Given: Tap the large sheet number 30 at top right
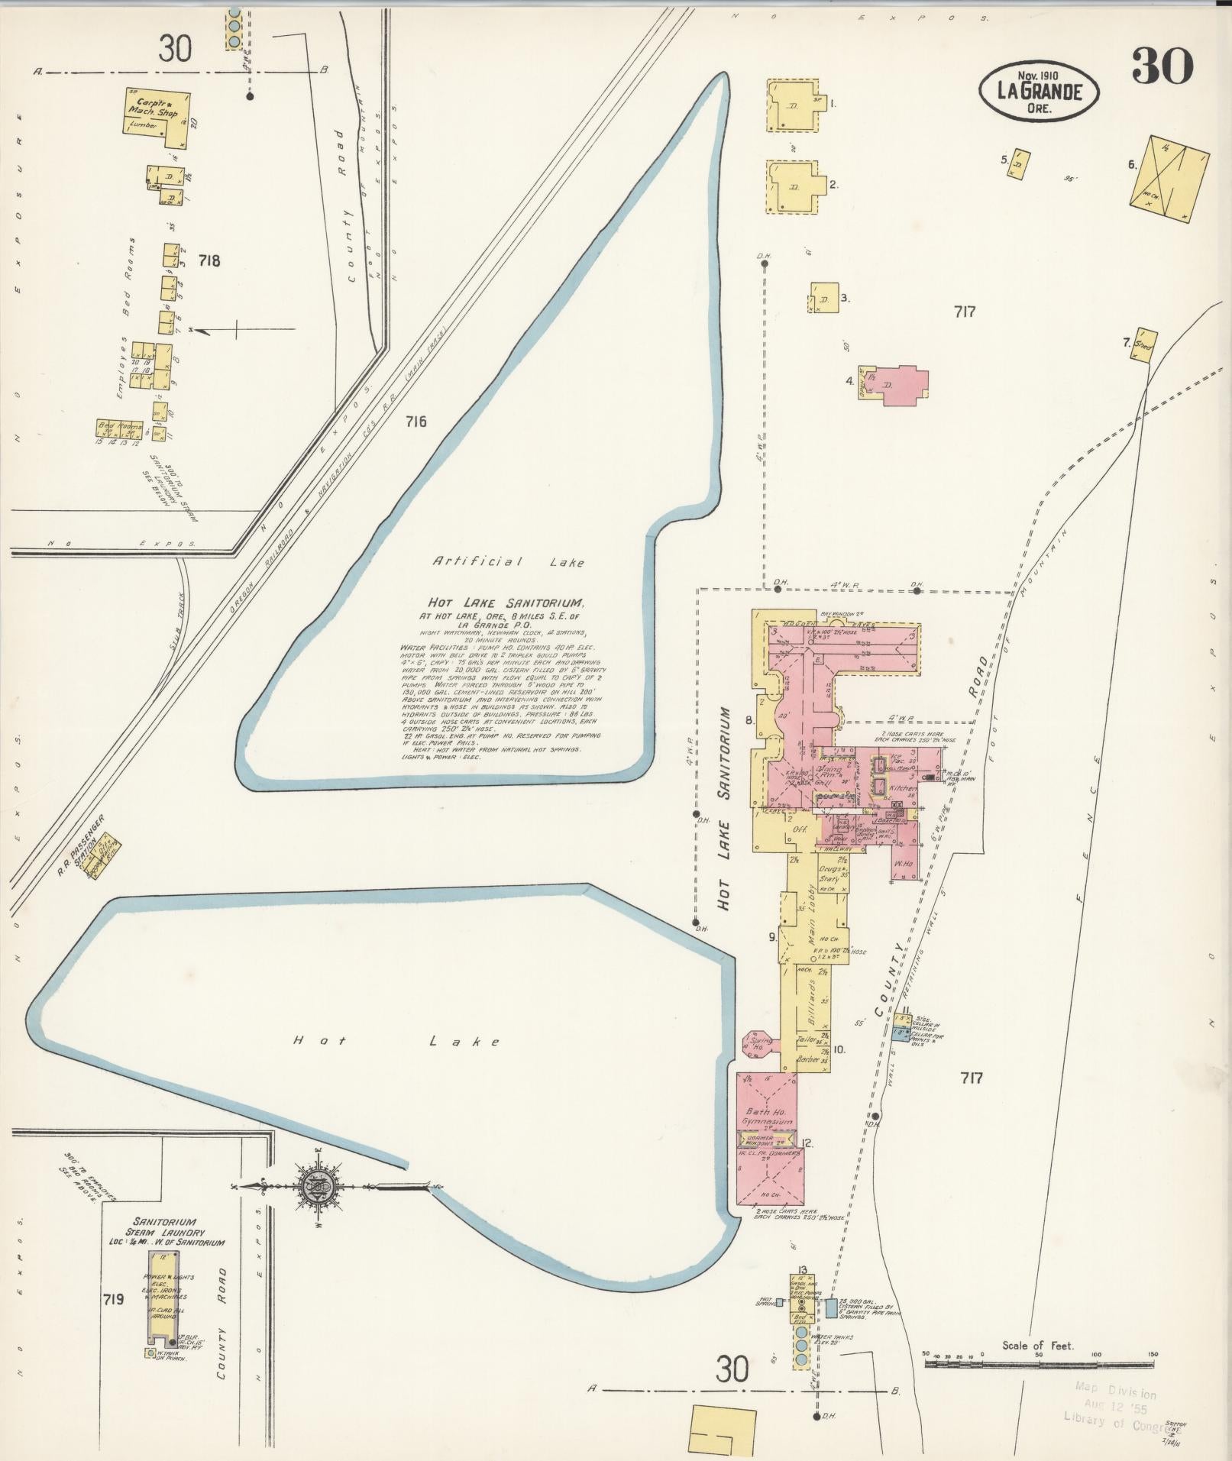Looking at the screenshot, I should click(1162, 66).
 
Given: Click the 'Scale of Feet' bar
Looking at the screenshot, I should click(1040, 1360).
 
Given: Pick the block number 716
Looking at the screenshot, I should click(416, 422).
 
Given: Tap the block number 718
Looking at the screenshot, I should click(209, 260).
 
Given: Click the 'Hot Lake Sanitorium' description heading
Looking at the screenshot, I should click(501, 603).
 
